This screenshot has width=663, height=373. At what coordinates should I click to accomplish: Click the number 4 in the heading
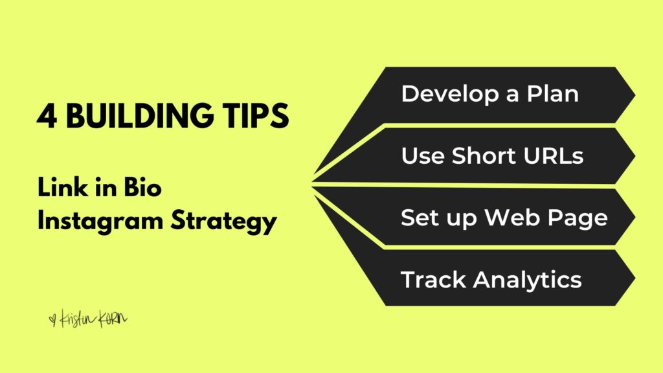point(47,115)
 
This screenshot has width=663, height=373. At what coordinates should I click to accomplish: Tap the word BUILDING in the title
point(140,115)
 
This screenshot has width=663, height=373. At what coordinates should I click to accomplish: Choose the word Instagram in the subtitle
point(100,221)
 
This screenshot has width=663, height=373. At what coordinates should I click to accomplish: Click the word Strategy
point(223,221)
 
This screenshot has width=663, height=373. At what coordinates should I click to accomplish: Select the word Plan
point(553,93)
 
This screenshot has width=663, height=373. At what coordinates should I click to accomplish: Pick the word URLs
point(554,155)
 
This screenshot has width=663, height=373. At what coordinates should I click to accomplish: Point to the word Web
point(512,218)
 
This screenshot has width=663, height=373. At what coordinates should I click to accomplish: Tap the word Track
point(433,280)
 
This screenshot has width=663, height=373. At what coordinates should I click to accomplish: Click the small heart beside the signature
point(52,319)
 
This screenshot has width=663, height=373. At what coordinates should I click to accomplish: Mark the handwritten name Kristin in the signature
point(78,319)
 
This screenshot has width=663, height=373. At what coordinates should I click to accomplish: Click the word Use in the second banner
point(423,155)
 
